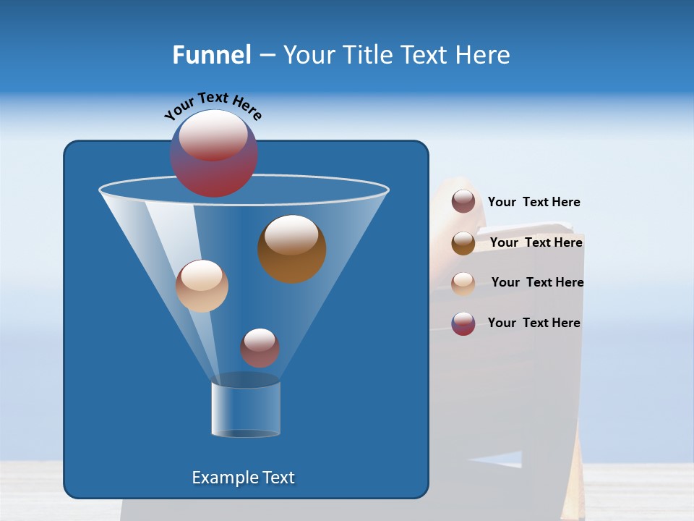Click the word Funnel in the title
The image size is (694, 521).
click(211, 55)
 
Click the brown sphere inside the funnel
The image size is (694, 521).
click(291, 249)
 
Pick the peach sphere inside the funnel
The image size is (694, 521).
click(202, 286)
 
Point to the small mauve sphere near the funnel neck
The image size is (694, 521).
click(260, 348)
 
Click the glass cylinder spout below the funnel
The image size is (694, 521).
click(246, 409)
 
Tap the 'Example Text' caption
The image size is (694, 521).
click(244, 478)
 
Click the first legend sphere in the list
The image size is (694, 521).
click(463, 202)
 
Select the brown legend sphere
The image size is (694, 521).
click(463, 243)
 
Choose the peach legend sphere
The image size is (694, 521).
click(463, 283)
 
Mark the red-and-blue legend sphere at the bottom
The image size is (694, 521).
click(463, 323)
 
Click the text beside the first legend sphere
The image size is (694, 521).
click(534, 203)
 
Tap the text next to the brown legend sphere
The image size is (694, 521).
click(536, 242)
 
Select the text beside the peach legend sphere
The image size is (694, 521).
click(537, 282)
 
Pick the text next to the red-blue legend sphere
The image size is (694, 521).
click(534, 323)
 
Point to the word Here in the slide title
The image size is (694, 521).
click(484, 55)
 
